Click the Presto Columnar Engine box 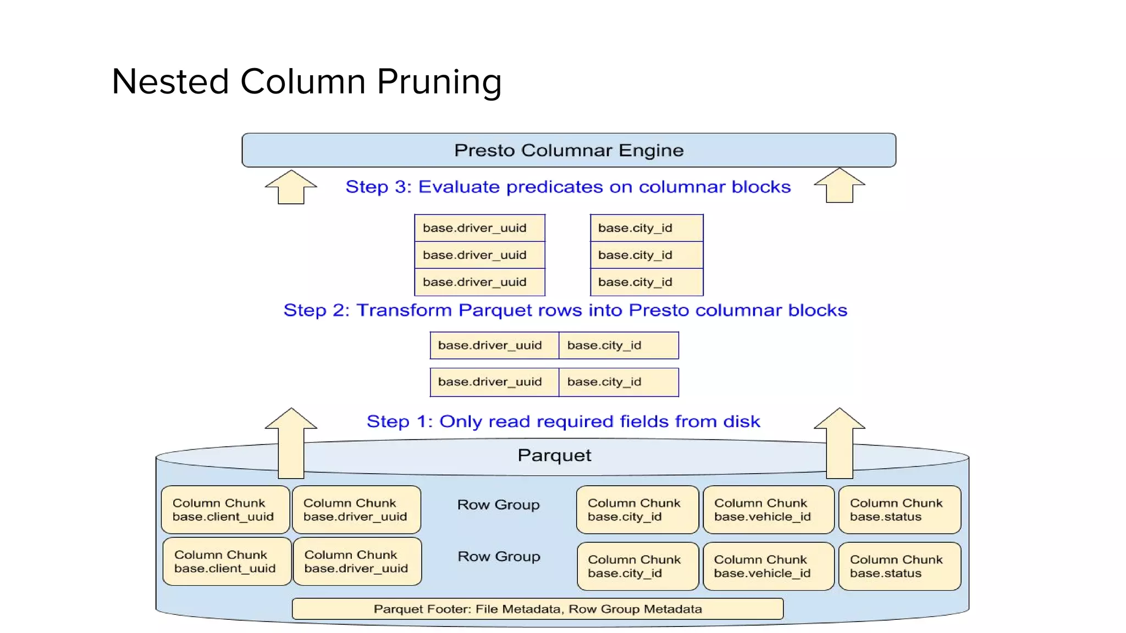[x=568, y=150]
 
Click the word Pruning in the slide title [x=439, y=82]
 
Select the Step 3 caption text [x=568, y=187]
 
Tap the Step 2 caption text [x=565, y=310]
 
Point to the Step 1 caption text [x=563, y=421]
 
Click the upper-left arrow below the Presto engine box [x=291, y=187]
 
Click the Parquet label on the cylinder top [x=554, y=455]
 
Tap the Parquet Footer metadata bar [x=537, y=609]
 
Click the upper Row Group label [x=498, y=504]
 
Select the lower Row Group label [x=499, y=556]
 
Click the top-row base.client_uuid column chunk [x=225, y=509]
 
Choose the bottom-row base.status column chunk [x=899, y=566]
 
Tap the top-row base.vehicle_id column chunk [x=768, y=509]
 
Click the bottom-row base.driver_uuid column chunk [x=357, y=561]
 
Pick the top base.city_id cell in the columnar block [x=647, y=228]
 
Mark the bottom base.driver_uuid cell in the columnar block [x=479, y=282]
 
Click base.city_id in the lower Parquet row [x=619, y=382]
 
